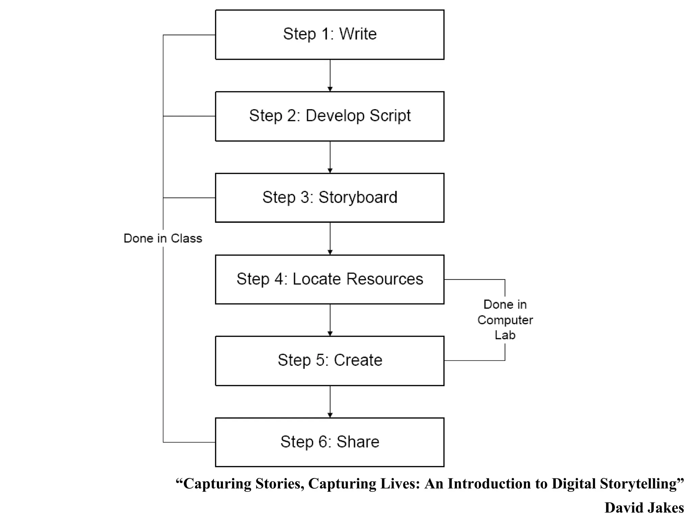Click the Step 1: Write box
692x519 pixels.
coord(329,35)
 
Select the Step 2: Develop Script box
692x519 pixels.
coord(329,116)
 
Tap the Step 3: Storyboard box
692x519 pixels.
coord(329,198)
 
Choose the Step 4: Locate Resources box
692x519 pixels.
coord(329,279)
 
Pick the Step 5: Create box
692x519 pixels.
coord(329,361)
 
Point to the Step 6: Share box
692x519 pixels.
coord(329,442)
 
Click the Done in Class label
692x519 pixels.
coord(163,239)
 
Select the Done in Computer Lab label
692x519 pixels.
coord(505,320)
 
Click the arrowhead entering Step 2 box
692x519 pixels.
coord(330,89)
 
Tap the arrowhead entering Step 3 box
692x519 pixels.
coord(330,171)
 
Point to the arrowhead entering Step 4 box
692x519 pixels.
coord(330,252)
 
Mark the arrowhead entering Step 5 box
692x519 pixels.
coord(330,334)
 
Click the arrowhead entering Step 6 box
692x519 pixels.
coord(330,415)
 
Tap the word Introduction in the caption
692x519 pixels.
coord(489,484)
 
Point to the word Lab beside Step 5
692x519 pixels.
coord(505,335)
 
